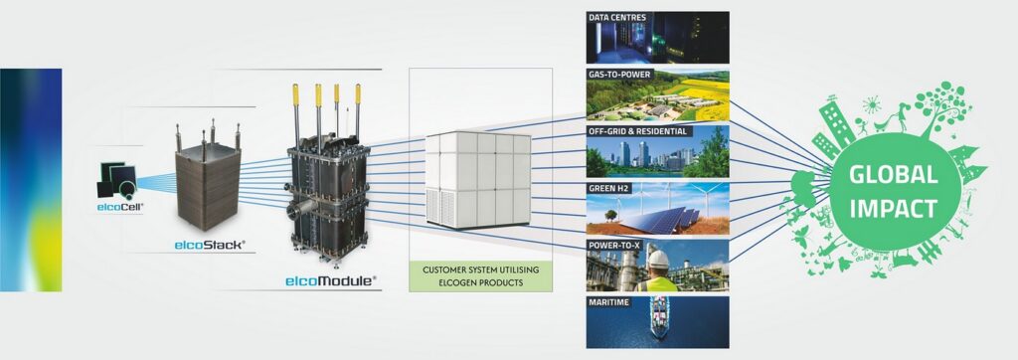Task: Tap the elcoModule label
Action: (x=331, y=281)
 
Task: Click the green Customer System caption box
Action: (x=480, y=275)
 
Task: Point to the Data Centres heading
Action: (x=612, y=18)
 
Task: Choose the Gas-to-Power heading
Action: (x=619, y=75)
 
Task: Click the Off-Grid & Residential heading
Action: (x=637, y=131)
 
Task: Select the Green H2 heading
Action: (x=607, y=188)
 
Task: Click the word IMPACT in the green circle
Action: (x=894, y=208)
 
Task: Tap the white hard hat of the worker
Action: (x=658, y=260)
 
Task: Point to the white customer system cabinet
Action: (x=478, y=180)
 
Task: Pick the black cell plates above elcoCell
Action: (x=117, y=180)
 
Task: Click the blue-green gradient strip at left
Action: (x=31, y=180)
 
